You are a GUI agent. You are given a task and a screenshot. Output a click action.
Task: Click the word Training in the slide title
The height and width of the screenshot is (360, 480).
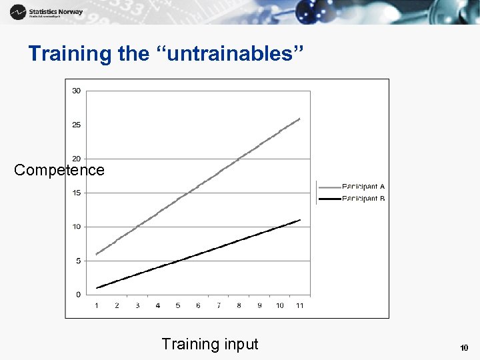coord(71,54)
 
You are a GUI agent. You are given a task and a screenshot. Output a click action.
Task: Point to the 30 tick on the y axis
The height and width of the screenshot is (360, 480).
coord(77,91)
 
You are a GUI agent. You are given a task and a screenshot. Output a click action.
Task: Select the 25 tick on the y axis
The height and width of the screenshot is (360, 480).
coord(77,125)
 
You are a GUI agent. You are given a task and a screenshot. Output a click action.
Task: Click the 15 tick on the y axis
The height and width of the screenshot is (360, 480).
coord(77,193)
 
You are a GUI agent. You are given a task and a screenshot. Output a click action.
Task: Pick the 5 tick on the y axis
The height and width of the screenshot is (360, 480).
coord(78,261)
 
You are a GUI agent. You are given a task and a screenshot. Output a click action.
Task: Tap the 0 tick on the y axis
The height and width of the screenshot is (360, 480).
coord(78,294)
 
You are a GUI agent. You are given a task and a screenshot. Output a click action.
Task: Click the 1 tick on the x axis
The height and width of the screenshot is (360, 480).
coord(97,305)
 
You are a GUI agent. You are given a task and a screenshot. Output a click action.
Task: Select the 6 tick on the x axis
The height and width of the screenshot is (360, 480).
coord(198,305)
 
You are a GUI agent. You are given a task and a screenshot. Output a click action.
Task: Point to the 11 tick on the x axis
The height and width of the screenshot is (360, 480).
coord(300,305)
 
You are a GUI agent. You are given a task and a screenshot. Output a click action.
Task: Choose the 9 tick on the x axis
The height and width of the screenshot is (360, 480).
coord(259,305)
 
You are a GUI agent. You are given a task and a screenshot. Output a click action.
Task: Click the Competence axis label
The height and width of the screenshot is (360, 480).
coord(59,170)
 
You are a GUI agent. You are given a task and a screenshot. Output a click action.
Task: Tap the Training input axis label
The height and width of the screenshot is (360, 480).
coord(209,344)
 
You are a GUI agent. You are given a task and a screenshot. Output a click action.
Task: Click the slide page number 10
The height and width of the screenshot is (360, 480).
coord(464,348)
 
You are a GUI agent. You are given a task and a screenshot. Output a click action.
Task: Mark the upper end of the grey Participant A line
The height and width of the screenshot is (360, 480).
coord(300,119)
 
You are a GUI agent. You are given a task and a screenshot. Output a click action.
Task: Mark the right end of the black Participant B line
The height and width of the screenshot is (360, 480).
coord(300,220)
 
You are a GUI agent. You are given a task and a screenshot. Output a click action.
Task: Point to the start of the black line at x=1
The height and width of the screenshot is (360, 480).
coord(97,288)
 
